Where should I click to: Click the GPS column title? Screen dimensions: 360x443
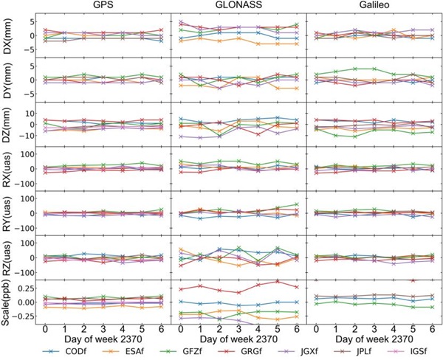103,6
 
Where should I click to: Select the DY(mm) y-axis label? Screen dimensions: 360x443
7,78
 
